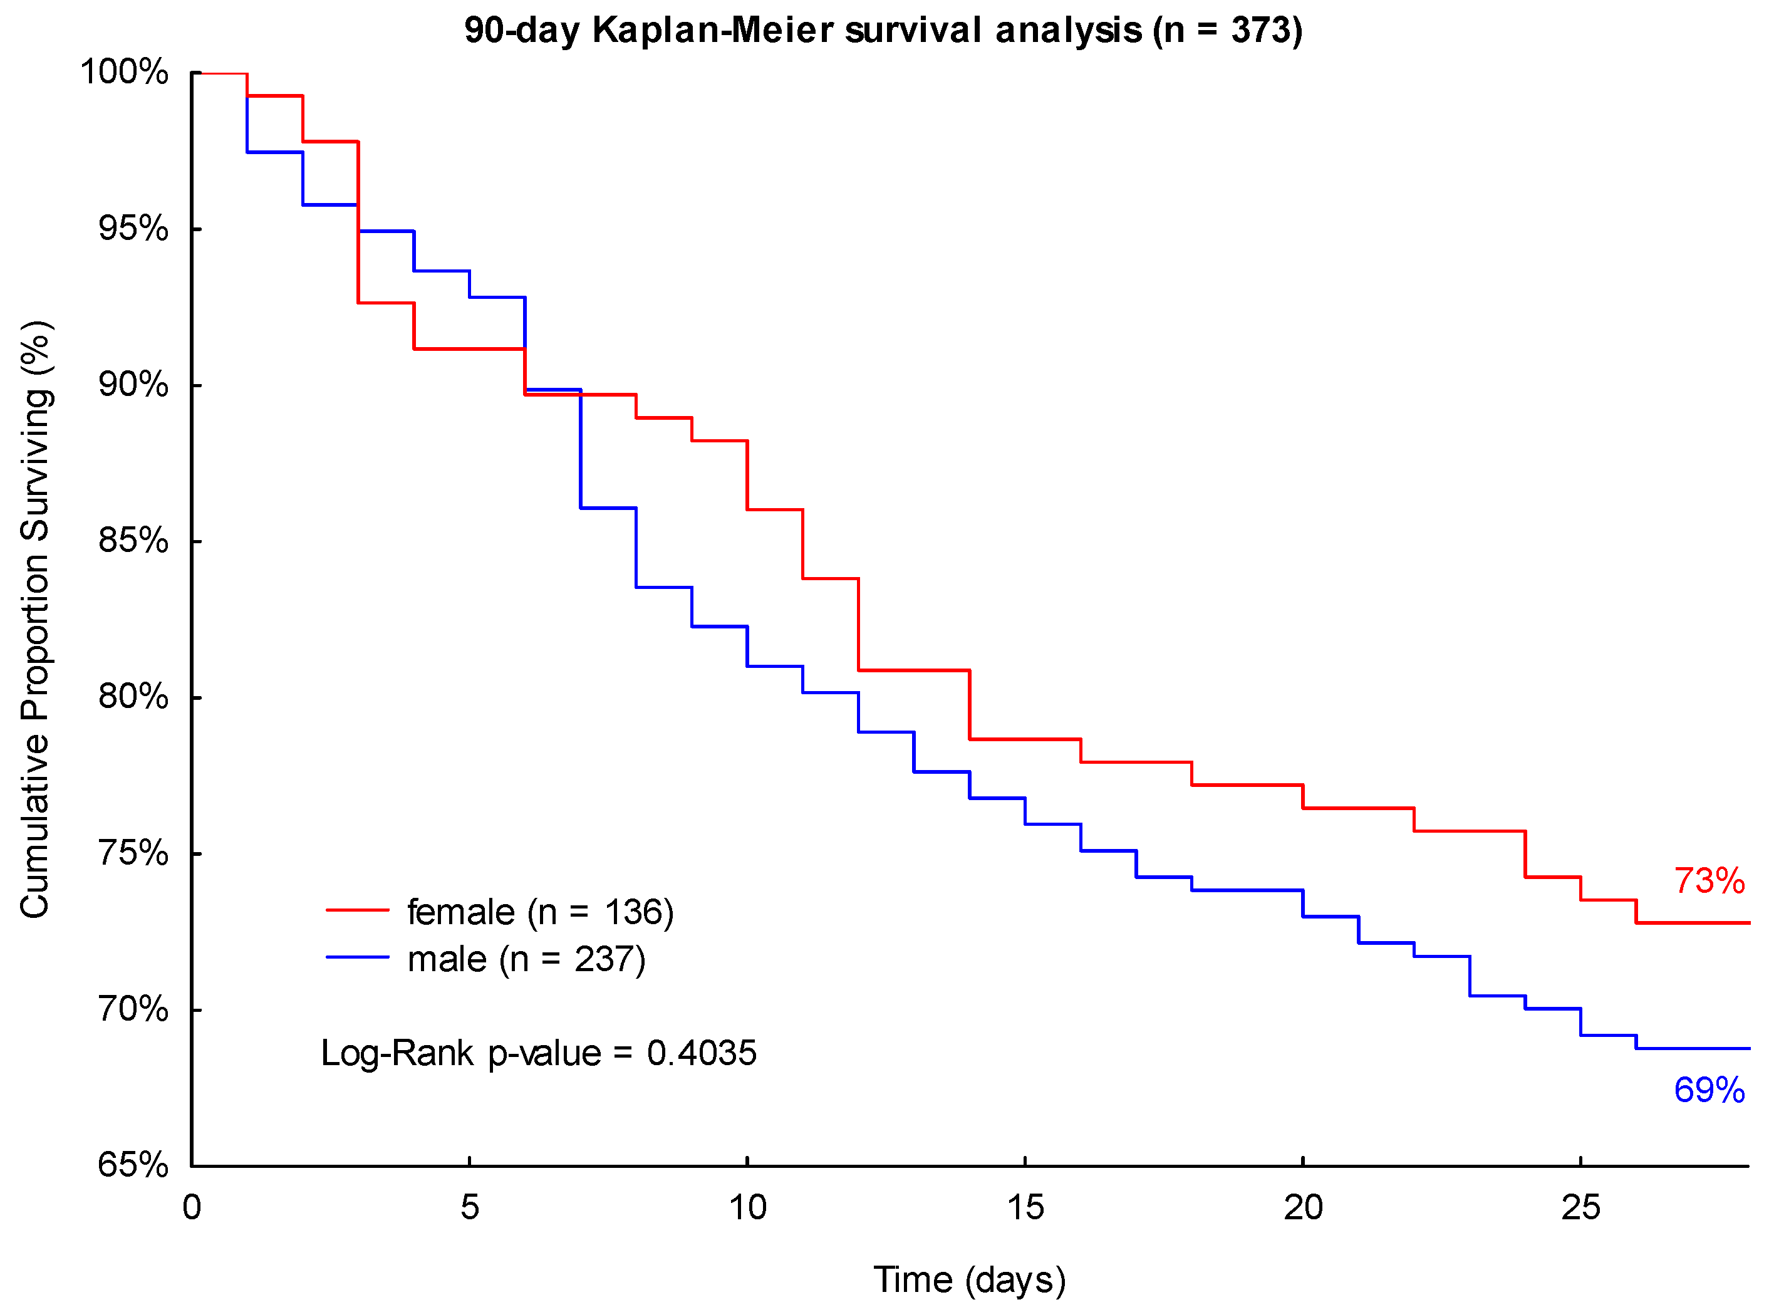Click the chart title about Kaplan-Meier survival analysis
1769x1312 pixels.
click(883, 30)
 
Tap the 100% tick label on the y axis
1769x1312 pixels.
click(125, 72)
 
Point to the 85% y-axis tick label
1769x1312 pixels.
click(133, 541)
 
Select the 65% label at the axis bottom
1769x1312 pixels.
click(133, 1165)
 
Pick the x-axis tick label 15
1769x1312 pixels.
click(1025, 1208)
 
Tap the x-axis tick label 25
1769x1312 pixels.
click(1580, 1208)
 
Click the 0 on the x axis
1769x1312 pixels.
click(191, 1208)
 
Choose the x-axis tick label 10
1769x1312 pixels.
click(747, 1208)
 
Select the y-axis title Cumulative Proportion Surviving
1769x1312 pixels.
click(36, 620)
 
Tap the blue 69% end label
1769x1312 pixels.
click(1709, 1090)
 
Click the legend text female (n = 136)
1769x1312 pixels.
click(540, 912)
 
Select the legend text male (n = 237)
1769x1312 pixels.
click(526, 959)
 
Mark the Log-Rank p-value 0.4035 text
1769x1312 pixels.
click(538, 1053)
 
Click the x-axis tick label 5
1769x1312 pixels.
click(469, 1208)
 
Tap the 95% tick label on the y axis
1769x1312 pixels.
click(133, 229)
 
